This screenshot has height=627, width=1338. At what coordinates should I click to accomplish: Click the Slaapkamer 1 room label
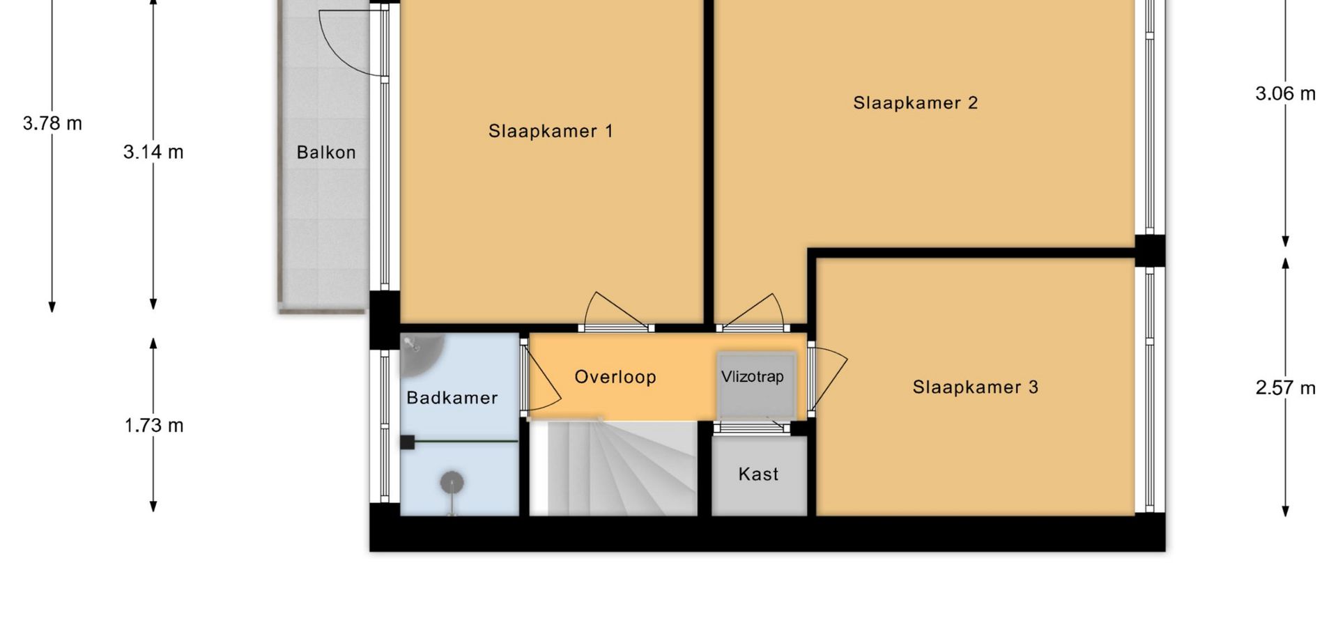[551, 131]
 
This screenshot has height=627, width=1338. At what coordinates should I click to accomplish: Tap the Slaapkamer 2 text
[916, 103]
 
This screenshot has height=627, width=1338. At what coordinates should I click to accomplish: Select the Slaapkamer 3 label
[976, 387]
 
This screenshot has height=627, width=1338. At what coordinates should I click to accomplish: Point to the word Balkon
[326, 153]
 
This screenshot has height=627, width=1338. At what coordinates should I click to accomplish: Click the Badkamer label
[452, 398]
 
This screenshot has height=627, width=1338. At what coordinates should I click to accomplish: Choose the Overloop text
[615, 377]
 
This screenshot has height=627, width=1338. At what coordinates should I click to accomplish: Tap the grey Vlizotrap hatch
[756, 385]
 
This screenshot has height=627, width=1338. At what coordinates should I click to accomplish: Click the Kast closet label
[758, 474]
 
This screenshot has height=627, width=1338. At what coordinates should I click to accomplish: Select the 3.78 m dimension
[52, 123]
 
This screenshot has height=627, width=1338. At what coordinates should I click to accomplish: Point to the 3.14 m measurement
[153, 152]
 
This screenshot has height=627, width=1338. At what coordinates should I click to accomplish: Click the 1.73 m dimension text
[153, 426]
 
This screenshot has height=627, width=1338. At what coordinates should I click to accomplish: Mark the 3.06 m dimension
[1286, 93]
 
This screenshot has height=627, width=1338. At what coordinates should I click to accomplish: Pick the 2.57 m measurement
[1286, 388]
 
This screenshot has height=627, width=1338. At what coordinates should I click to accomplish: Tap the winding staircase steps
[613, 468]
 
